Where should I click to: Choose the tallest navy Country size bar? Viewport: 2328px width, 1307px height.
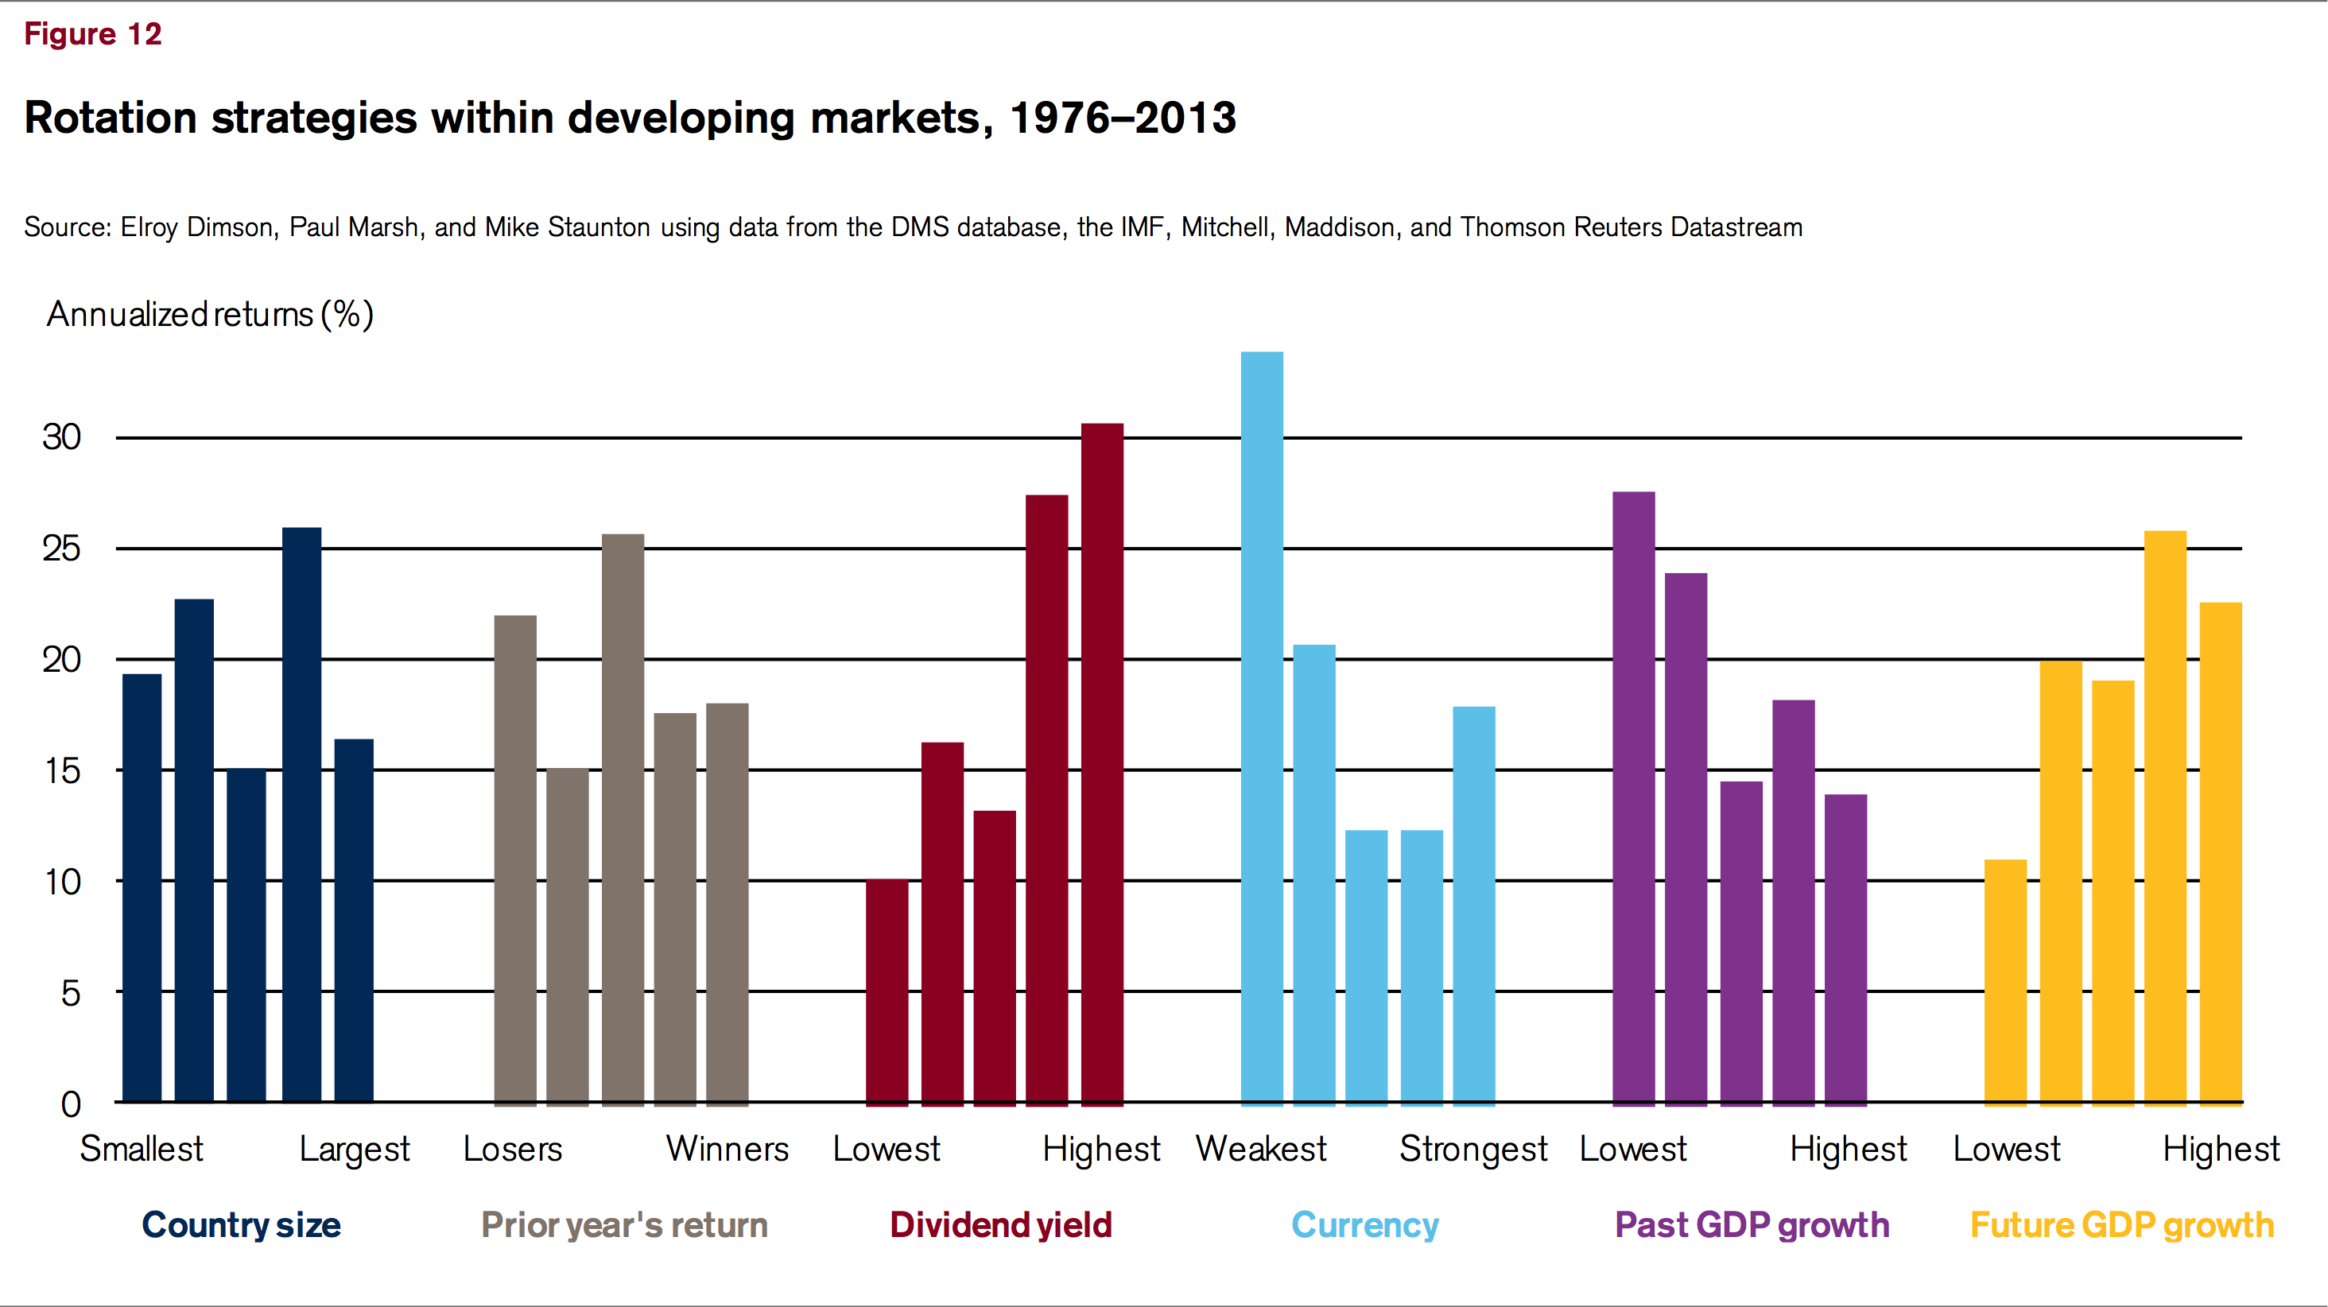[301, 814]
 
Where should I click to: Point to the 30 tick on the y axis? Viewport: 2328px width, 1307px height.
[61, 437]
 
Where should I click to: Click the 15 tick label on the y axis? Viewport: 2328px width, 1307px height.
[61, 771]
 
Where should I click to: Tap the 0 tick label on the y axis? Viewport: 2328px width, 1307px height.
[71, 1103]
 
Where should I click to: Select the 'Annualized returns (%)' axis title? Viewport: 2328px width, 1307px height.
[210, 315]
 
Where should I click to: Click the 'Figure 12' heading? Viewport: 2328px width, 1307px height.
[92, 34]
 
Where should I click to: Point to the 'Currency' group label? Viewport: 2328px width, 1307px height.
[1364, 1225]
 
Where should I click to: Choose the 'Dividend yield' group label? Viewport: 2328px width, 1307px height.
[1000, 1225]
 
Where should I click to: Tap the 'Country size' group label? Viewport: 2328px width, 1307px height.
[241, 1225]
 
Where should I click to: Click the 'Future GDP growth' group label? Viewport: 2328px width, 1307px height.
[2121, 1225]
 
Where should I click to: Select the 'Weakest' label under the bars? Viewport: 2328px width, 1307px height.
[1261, 1149]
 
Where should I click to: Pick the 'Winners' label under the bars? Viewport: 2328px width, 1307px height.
[727, 1149]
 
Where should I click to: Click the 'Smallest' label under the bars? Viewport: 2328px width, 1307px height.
[142, 1149]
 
